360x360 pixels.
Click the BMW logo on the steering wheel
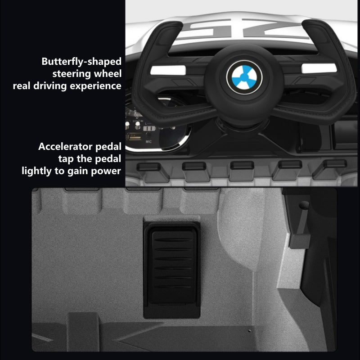pos(244,77)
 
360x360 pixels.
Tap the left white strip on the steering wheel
pos(168,70)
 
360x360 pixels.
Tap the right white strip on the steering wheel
pos(319,68)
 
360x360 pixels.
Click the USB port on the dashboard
pos(134,137)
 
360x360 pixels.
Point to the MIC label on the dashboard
pos(148,142)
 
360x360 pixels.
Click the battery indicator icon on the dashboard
pos(149,128)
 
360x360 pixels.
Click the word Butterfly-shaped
pos(81,62)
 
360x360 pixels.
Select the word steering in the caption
pos(72,74)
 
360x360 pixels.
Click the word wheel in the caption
pos(108,74)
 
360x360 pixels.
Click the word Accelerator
pos(65,147)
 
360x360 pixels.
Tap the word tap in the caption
pos(66,159)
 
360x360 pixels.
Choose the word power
pos(106,171)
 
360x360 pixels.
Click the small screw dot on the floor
pos(250,331)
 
